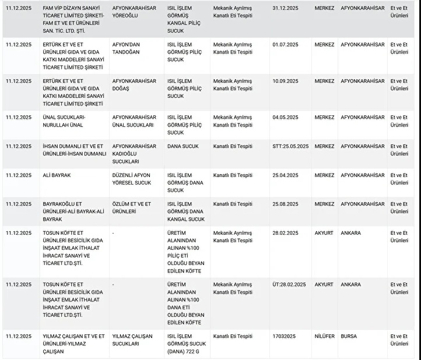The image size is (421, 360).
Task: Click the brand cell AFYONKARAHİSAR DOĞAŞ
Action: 134,84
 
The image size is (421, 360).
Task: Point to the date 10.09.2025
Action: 285,81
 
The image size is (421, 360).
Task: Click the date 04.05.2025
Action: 285,117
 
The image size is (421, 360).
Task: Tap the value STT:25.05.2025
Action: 290,146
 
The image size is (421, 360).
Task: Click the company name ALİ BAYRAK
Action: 57,175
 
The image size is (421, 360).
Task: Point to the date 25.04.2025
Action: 285,175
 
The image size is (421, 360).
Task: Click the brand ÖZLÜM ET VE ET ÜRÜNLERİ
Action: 132,207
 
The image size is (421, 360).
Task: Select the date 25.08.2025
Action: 285,204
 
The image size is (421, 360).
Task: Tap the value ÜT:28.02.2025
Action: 289,285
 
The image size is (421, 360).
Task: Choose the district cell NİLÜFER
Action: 325,336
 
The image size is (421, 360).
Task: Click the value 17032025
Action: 284,336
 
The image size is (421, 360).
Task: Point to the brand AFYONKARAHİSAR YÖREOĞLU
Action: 134,12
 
